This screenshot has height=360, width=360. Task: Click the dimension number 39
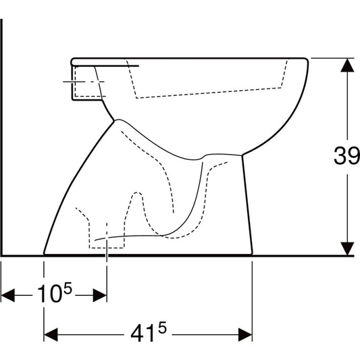coord(346,155)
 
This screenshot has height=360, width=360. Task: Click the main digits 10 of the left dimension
coord(49,294)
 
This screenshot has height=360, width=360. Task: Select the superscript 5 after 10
coord(68,288)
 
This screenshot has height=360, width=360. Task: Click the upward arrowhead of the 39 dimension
coord(347,66)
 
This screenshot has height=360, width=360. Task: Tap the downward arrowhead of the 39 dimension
coord(347,249)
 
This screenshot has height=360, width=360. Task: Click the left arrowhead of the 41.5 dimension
coord(51,334)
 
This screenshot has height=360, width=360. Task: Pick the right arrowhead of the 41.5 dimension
coord(245,334)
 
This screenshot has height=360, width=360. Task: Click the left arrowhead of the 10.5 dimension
coord(8,295)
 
